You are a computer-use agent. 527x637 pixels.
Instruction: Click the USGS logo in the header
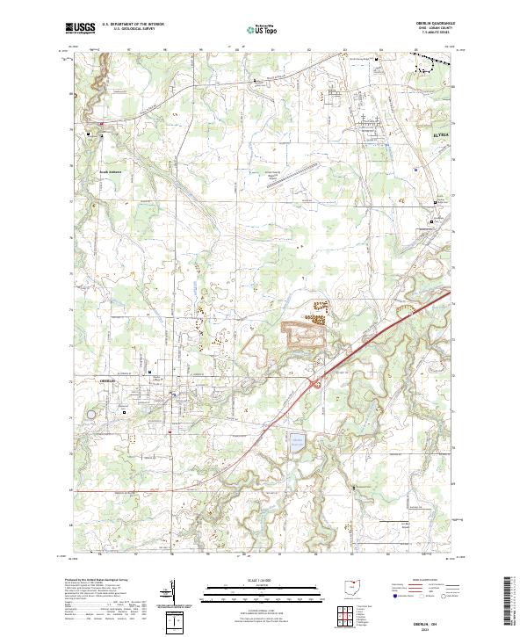81,28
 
